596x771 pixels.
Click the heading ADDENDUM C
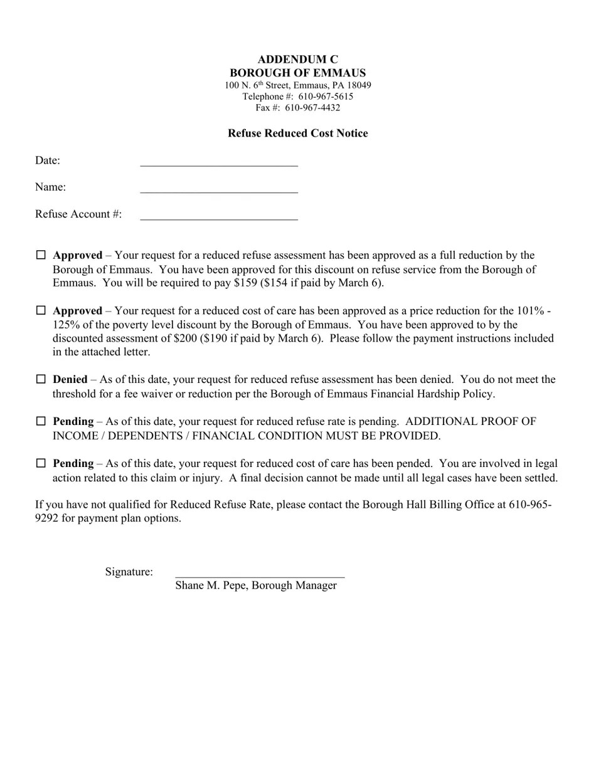coord(297,60)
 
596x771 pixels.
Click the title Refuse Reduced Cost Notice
coord(297,133)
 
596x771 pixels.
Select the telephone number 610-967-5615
coord(326,97)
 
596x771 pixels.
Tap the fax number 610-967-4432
coord(312,108)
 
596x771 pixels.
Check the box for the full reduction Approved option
coord(41,255)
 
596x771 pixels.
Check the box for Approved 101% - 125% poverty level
coord(41,310)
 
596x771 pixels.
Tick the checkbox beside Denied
coord(41,379)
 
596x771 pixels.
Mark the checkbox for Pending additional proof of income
coord(41,421)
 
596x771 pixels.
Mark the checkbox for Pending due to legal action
coord(41,463)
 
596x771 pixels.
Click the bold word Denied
coord(70,379)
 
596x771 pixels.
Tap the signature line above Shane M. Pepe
coord(260,574)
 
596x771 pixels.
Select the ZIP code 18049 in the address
coord(358,85)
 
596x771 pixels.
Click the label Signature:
coord(129,572)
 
